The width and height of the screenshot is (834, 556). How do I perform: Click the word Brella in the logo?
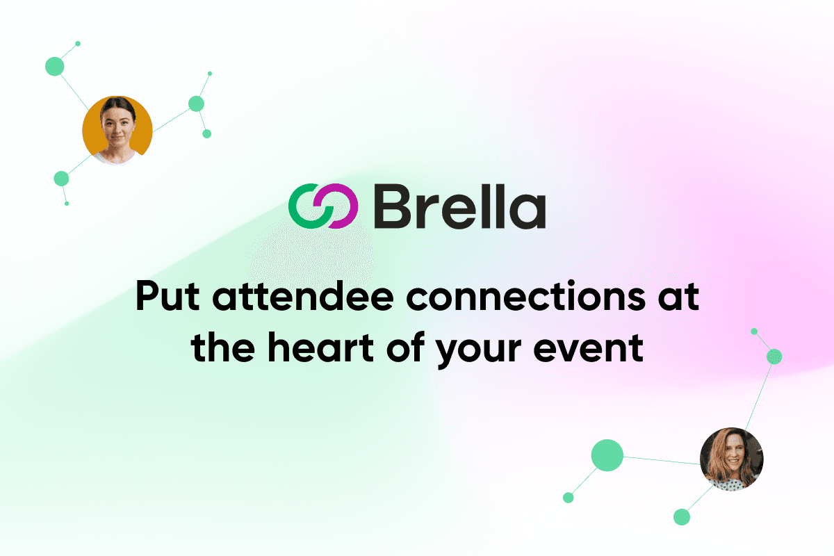(x=460, y=206)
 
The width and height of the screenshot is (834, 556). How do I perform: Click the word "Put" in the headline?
(x=168, y=297)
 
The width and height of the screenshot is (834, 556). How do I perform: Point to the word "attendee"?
(x=303, y=296)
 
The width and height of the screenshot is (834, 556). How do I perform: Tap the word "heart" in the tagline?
(x=321, y=347)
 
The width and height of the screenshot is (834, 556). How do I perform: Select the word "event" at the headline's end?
(x=589, y=348)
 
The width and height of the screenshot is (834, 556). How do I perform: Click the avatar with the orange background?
(x=117, y=131)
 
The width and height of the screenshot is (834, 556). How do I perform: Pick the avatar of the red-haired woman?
(x=732, y=459)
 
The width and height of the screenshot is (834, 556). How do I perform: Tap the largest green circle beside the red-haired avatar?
(x=607, y=455)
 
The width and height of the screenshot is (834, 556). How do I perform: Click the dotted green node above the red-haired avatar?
(x=774, y=357)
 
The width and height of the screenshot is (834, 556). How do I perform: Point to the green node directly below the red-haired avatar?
(x=682, y=517)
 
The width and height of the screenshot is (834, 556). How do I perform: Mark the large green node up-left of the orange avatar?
(x=55, y=66)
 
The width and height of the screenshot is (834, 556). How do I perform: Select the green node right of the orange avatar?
(x=196, y=104)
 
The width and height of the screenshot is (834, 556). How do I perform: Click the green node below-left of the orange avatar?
(x=61, y=179)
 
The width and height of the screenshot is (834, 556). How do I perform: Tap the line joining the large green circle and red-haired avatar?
(x=662, y=460)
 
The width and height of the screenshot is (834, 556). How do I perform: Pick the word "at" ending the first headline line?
(x=679, y=297)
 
